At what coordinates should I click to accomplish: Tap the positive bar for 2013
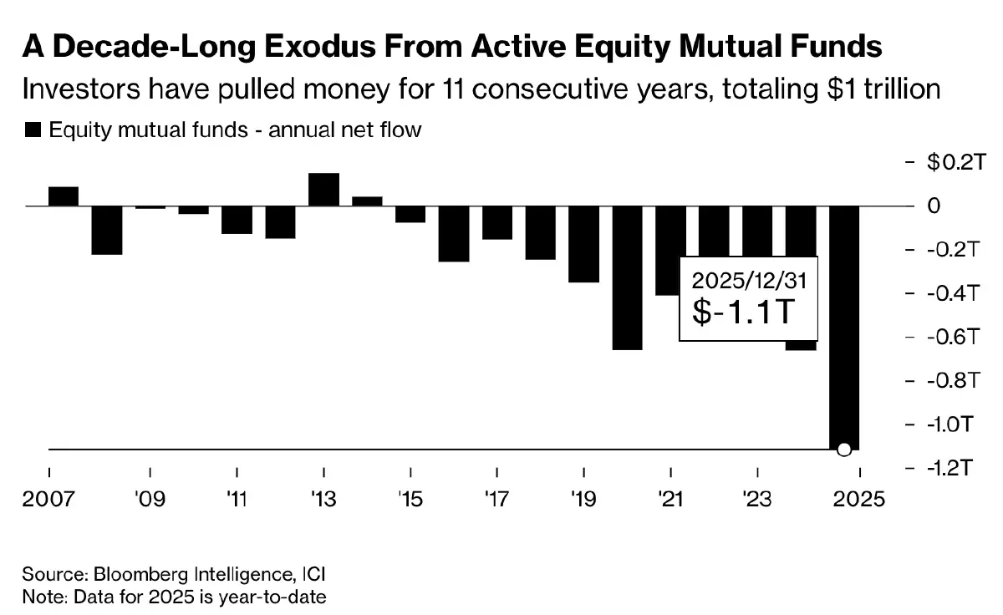tap(323, 189)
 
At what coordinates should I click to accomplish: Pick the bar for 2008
tap(107, 230)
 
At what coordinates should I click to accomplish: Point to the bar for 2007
tap(64, 196)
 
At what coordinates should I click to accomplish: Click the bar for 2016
tap(454, 234)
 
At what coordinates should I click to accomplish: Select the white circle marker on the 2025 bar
tap(843, 450)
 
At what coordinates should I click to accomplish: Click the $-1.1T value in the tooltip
tap(742, 313)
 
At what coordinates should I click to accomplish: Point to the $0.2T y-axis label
tap(951, 162)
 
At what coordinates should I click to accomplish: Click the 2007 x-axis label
tap(49, 501)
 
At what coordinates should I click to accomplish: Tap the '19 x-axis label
tap(583, 501)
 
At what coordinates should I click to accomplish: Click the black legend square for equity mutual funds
tap(33, 130)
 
